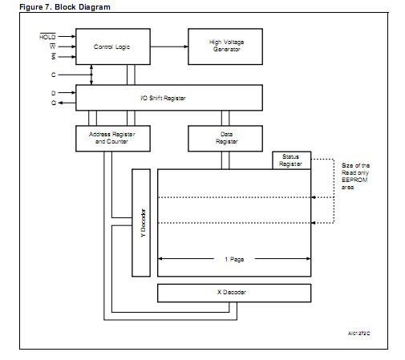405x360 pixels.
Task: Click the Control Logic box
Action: (111, 47)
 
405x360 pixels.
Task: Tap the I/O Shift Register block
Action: (168, 98)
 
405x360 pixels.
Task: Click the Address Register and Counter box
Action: (111, 138)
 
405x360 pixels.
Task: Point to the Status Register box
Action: (290, 160)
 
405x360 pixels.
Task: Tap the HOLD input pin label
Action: (48, 37)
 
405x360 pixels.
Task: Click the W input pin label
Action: (51, 47)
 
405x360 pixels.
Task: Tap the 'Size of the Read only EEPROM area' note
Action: (355, 176)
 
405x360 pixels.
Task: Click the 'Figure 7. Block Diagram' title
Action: (65, 6)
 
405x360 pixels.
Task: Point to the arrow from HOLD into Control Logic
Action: (66, 37)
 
